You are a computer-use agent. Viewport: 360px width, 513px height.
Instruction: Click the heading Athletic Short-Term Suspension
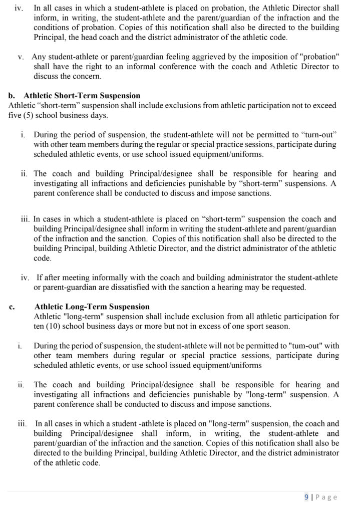click(x=82, y=95)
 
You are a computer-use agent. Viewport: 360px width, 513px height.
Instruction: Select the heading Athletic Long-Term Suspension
click(x=92, y=307)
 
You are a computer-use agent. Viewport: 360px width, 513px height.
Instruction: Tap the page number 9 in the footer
click(x=306, y=497)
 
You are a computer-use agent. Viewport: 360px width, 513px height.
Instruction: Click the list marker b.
click(x=12, y=95)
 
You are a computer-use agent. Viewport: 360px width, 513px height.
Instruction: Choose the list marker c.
click(x=12, y=307)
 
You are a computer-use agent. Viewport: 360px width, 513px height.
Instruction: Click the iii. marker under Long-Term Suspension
click(x=22, y=423)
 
